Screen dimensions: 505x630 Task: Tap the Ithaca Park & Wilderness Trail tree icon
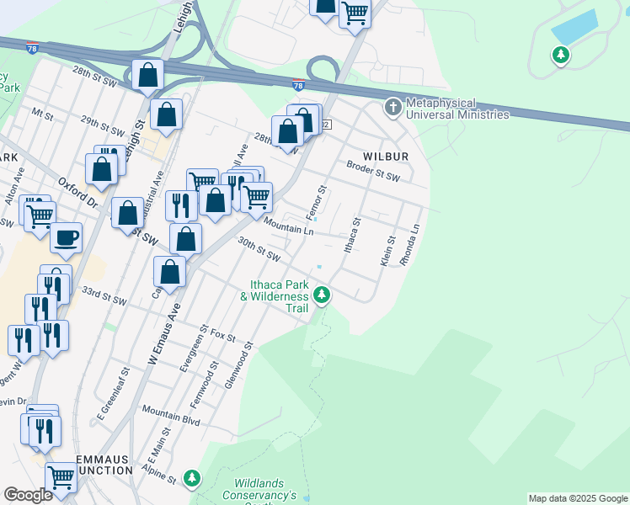[x=322, y=295]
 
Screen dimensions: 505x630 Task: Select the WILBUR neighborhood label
[x=386, y=157]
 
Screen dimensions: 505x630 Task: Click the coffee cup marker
[x=67, y=237]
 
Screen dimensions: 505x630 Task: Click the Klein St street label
[x=388, y=251]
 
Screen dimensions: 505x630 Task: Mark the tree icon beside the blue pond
[x=560, y=56]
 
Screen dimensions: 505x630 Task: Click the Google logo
[x=28, y=495]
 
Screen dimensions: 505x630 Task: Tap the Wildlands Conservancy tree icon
[x=193, y=478]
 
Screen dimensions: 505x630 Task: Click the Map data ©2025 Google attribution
[x=578, y=498]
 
